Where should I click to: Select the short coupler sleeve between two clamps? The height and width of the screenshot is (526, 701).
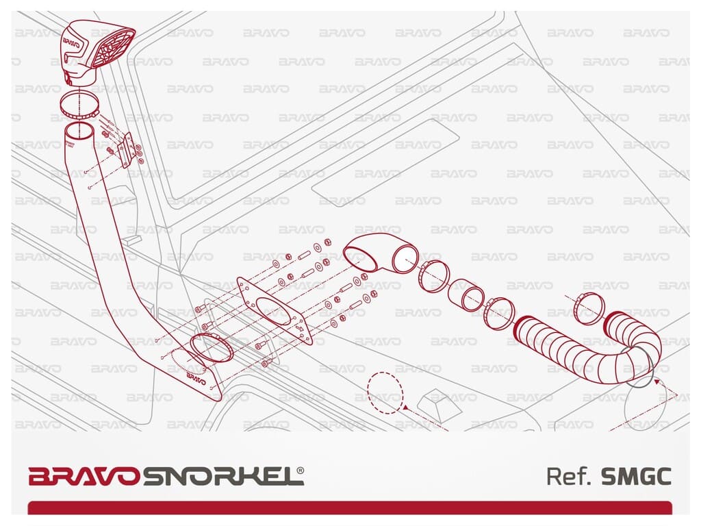tap(466, 295)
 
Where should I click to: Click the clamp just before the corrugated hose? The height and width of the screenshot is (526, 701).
tap(498, 314)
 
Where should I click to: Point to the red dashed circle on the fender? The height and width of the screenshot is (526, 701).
tap(385, 390)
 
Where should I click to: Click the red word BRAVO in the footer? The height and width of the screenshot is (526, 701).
tap(85, 476)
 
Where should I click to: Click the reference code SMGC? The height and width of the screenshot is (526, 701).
tap(635, 476)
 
